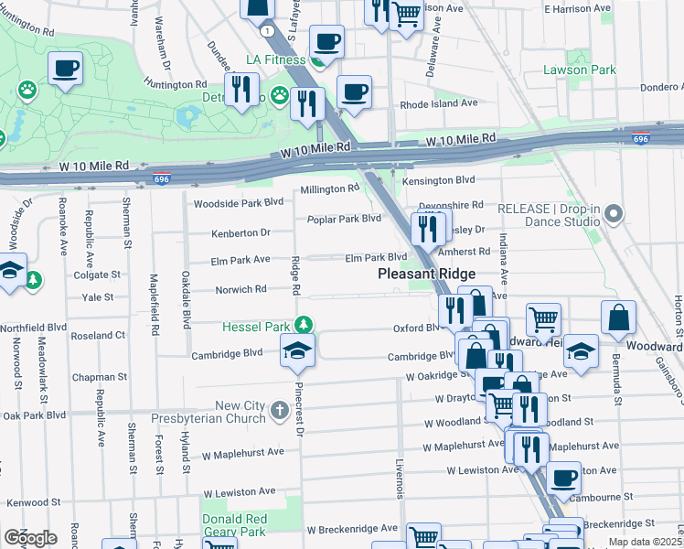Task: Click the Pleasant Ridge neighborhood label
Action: [x=427, y=274]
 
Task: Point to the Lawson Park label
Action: [x=579, y=70]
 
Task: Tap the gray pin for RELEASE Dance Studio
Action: [x=614, y=214]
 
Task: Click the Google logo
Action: [x=30, y=537]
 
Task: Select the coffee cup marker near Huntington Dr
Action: [x=66, y=68]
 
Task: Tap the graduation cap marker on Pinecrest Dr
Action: [x=297, y=351]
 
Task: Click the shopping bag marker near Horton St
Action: [x=619, y=318]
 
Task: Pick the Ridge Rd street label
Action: [x=295, y=275]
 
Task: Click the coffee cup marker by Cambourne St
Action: [x=564, y=477]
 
